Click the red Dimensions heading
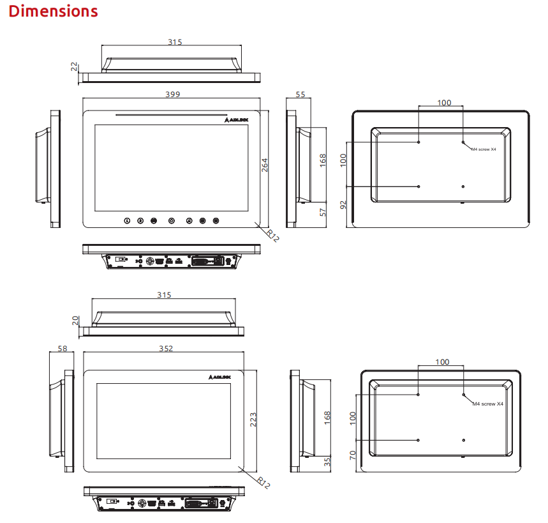53,11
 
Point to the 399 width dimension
173,95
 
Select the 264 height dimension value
265,165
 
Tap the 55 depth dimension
300,95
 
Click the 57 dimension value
323,213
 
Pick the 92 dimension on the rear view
343,205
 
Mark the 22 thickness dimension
74,66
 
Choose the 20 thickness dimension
75,321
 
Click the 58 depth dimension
63,349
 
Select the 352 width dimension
166,349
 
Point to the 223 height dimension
253,420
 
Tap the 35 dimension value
327,462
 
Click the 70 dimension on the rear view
352,455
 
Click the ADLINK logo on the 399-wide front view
236,120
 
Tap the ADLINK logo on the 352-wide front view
219,377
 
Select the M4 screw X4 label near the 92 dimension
484,149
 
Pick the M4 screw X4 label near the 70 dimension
488,404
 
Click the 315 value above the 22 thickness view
175,42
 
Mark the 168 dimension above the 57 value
323,160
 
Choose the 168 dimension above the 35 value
327,418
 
